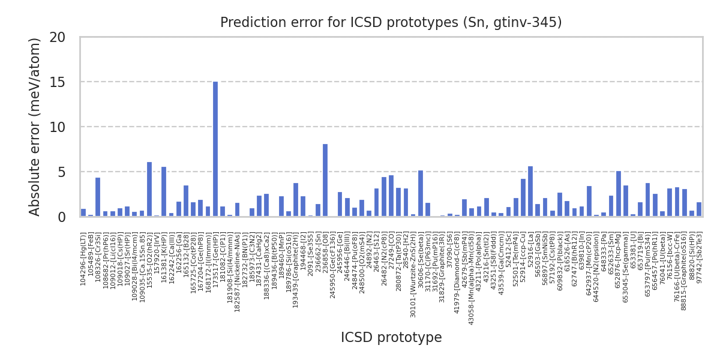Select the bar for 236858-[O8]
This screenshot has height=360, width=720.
325,180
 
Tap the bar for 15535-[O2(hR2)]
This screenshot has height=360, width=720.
149,189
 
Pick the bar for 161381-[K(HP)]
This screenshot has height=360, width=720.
164,191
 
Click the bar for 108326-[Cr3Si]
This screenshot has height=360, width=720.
98,197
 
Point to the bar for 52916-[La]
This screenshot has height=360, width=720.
530,191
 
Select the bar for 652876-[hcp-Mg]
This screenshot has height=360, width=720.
619,194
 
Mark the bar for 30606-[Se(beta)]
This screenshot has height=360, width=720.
421,193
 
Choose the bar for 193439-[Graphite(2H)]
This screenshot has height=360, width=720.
296,200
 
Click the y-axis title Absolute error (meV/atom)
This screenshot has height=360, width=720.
35,127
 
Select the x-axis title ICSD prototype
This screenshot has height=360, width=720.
391,338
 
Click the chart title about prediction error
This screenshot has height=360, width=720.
391,23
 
